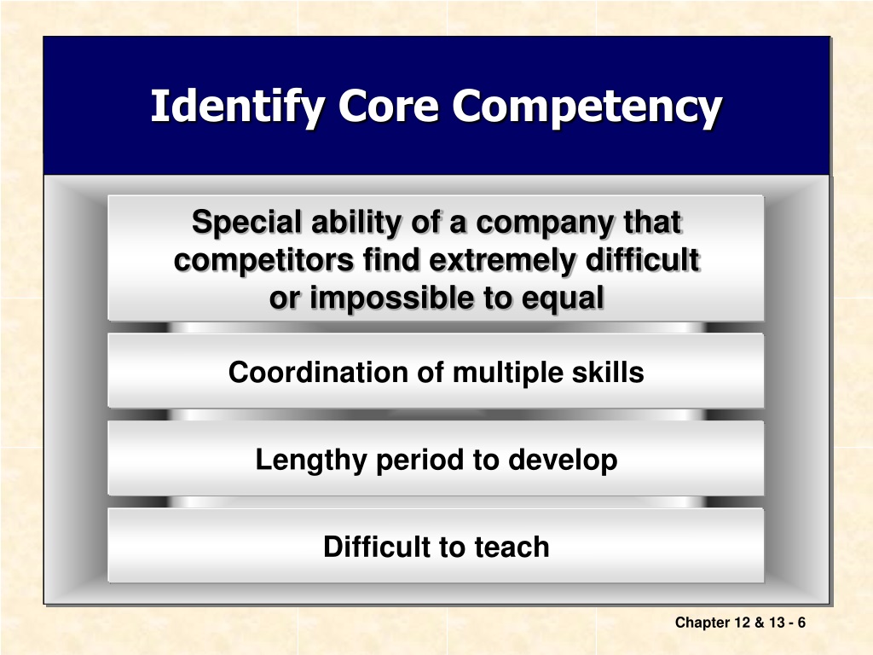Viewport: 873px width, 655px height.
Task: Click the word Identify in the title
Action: click(x=238, y=107)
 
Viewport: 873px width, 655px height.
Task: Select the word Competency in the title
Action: click(x=587, y=107)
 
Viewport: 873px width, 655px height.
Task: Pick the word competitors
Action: click(x=263, y=260)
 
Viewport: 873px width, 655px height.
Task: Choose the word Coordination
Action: click(x=318, y=372)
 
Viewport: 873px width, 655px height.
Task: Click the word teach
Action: click(x=512, y=547)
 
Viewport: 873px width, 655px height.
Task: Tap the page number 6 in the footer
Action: click(x=801, y=622)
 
